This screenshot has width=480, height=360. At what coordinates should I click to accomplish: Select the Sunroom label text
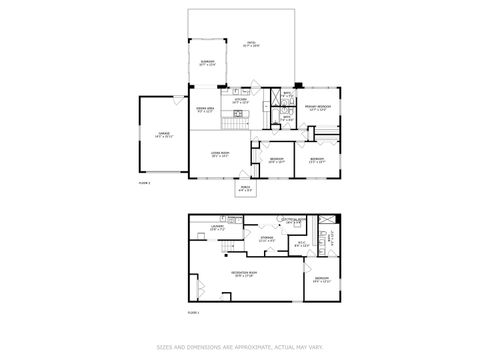pyautogui.click(x=207, y=63)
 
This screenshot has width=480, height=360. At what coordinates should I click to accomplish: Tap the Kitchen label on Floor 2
pyautogui.click(x=240, y=101)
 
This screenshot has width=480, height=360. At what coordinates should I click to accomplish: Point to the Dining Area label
pyautogui.click(x=206, y=110)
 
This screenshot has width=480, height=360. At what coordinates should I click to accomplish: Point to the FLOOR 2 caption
pyautogui.click(x=144, y=183)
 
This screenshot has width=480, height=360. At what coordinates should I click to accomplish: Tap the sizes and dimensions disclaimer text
pyautogui.click(x=240, y=347)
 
